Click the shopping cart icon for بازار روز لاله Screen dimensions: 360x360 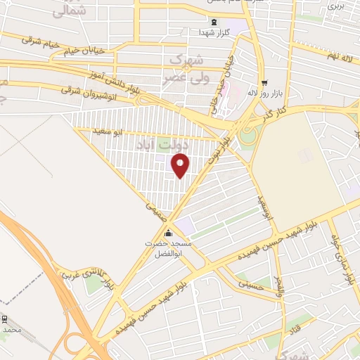264,82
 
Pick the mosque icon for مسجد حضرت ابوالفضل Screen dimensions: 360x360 167,233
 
